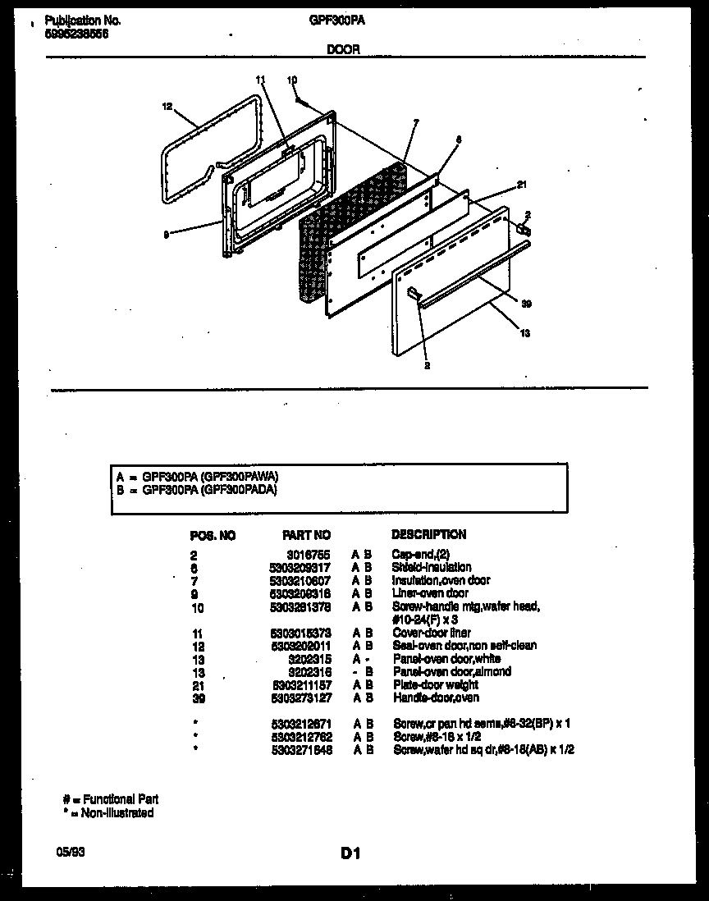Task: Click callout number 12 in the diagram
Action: click(x=167, y=106)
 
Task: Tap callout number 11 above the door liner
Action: click(x=261, y=80)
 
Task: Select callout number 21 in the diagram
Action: click(x=521, y=184)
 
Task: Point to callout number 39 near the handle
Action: click(x=527, y=304)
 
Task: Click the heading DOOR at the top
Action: click(x=343, y=49)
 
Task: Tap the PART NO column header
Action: click(x=306, y=535)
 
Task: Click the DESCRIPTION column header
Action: click(x=428, y=534)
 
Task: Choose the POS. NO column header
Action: click(x=213, y=535)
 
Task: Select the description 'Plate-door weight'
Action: click(x=435, y=684)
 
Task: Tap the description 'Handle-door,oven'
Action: click(x=435, y=697)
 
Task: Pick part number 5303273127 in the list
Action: click(x=302, y=697)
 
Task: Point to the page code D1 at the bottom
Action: click(x=350, y=853)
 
